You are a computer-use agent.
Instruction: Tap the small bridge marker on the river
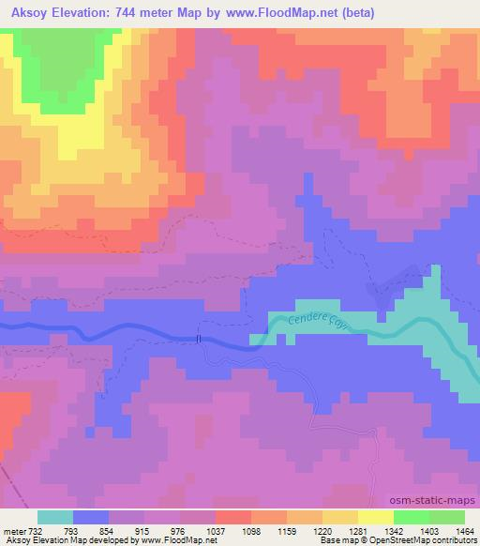click(x=199, y=339)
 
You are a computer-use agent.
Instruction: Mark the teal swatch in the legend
click(x=55, y=517)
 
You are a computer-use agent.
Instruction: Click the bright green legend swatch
click(x=412, y=517)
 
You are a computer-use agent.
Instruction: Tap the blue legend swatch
click(x=91, y=517)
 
